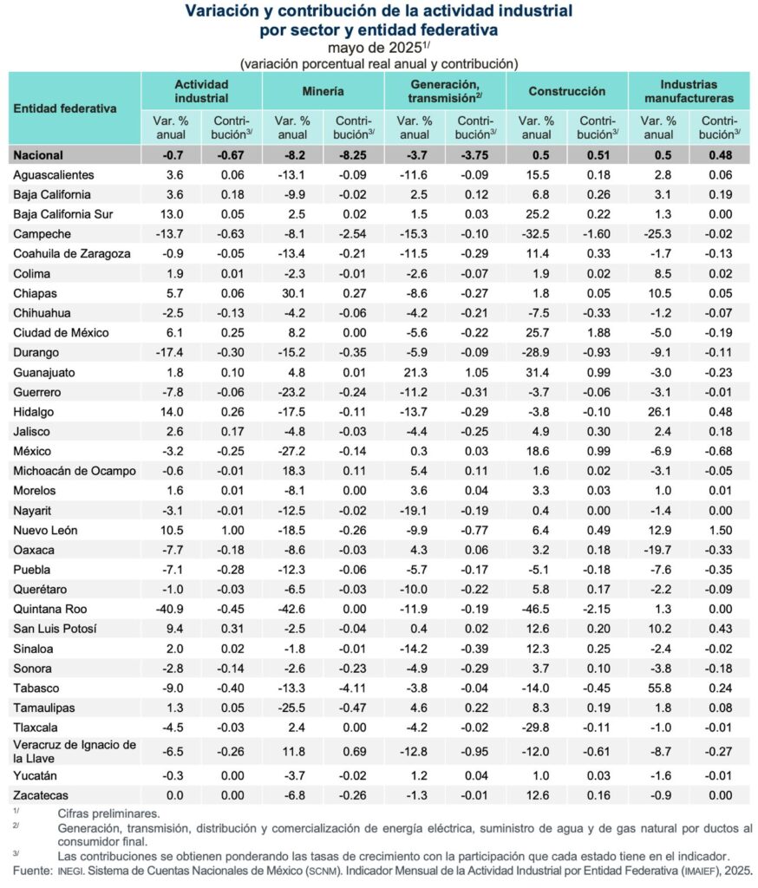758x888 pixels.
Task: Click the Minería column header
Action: click(x=323, y=91)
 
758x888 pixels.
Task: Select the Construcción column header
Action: click(x=567, y=91)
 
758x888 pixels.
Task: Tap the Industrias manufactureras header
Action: click(x=689, y=91)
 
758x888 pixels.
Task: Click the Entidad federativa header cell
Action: click(x=65, y=109)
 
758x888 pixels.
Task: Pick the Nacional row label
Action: click(x=38, y=155)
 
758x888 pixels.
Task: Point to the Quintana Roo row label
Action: click(x=50, y=609)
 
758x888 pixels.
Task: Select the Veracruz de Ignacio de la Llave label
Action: click(x=75, y=751)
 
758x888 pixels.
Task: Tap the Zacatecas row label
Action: click(x=40, y=795)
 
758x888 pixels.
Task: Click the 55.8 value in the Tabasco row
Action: click(x=660, y=689)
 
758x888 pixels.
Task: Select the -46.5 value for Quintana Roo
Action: click(x=537, y=609)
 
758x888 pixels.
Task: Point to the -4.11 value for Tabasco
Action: click(x=353, y=689)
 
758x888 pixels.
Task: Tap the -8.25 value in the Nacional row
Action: click(x=353, y=155)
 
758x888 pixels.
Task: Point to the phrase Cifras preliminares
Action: click(x=108, y=813)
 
